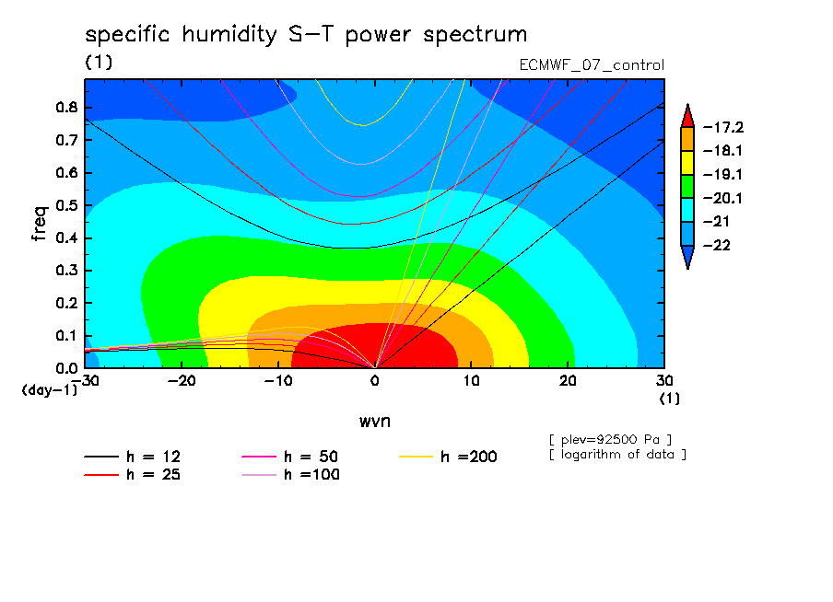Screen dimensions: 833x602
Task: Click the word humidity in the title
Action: [x=229, y=35]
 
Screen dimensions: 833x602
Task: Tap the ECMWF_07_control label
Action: [x=592, y=65]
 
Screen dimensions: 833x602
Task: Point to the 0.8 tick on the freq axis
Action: [x=66, y=107]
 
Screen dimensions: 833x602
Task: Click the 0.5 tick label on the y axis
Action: [x=66, y=205]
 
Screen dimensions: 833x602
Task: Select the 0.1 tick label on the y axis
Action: [x=66, y=336]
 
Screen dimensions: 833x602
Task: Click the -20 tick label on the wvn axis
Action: [x=182, y=381]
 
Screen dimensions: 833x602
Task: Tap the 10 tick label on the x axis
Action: [x=471, y=381]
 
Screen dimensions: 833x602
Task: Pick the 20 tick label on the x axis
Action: [x=568, y=381]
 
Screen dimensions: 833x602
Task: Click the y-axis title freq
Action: [x=40, y=224]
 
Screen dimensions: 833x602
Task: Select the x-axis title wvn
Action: [x=374, y=422]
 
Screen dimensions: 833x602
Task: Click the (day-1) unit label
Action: [x=49, y=390]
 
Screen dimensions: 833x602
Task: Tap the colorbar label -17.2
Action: [x=723, y=127]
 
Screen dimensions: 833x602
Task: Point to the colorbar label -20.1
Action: [x=723, y=199]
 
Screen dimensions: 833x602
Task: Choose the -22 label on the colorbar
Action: [x=717, y=245]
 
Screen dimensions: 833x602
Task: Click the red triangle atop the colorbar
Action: [x=687, y=116]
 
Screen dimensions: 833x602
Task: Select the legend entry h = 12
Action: [x=133, y=457]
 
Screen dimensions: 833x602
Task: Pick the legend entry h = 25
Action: [x=133, y=475]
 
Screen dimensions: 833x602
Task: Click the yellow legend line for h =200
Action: [x=416, y=457]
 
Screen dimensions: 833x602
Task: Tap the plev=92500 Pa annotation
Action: [x=610, y=440]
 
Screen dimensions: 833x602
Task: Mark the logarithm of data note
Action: [x=618, y=455]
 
